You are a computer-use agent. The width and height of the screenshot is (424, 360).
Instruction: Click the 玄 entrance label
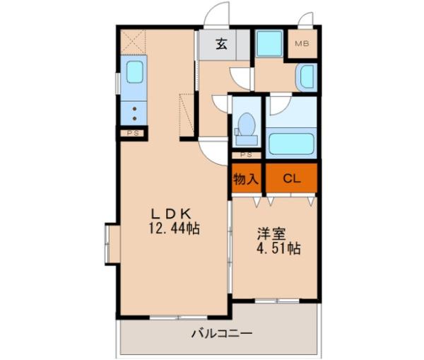pos(221,45)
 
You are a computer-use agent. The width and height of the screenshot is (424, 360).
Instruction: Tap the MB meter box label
pos(302,44)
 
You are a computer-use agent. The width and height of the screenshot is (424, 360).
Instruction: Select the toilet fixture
pos(246,129)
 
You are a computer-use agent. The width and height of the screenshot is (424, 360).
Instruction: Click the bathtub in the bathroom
pos(291,144)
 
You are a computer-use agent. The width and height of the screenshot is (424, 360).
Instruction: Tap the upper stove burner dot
pos(134,109)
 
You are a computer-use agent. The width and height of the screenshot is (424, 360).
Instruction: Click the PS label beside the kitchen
pos(133,134)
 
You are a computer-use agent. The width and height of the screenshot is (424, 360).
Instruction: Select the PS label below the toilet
pos(246,155)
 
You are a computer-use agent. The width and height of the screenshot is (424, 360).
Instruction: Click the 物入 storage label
pos(246,179)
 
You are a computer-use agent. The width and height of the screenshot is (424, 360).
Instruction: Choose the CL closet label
pos(291,179)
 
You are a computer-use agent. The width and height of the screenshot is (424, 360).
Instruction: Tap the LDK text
pos(171,214)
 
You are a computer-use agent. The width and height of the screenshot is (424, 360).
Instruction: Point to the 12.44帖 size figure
pos(174,229)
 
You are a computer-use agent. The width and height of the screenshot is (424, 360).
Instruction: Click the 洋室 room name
pos(271,234)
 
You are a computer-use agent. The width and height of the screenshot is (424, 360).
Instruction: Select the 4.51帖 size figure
pos(278,248)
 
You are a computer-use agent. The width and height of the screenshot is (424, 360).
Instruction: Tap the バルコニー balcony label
pos(221,333)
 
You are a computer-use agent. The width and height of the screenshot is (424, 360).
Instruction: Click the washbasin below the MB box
pos(307,77)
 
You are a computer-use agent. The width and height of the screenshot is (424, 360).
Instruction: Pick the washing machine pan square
pos(269,44)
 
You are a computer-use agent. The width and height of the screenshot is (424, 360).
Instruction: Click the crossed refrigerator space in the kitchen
pos(133,42)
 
